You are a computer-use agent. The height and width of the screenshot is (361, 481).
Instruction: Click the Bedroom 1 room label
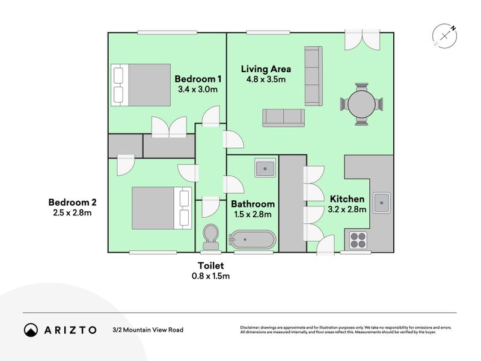(198, 79)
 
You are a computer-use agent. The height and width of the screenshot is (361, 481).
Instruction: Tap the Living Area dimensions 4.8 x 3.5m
(265, 79)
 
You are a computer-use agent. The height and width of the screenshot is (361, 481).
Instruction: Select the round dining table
(361, 104)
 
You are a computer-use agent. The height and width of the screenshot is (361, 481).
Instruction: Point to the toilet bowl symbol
(210, 236)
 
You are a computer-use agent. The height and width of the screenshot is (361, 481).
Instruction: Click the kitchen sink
(381, 203)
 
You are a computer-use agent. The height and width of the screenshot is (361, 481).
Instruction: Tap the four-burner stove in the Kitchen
(358, 240)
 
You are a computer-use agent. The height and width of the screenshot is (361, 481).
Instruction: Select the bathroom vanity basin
(265, 168)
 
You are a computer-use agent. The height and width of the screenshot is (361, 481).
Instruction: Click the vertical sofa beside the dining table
(313, 75)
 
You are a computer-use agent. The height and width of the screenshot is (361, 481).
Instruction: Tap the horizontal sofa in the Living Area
(283, 117)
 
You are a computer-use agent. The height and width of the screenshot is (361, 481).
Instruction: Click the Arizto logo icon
(31, 330)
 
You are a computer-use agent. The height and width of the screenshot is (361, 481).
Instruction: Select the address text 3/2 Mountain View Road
(147, 330)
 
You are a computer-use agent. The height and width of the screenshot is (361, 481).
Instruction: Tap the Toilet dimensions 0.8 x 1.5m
(210, 276)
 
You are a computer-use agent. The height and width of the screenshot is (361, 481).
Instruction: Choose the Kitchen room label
(347, 199)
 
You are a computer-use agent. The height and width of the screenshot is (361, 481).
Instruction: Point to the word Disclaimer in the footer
(252, 327)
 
